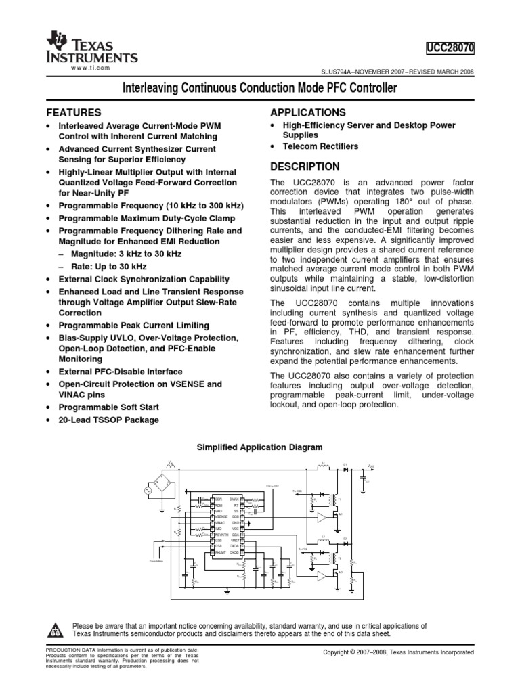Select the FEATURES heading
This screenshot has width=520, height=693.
(x=73, y=112)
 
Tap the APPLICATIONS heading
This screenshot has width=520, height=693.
(x=309, y=112)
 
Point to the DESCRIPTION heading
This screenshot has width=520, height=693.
(x=305, y=166)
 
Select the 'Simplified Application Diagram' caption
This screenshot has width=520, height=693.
(x=259, y=447)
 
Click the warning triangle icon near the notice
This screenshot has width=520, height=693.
(x=54, y=631)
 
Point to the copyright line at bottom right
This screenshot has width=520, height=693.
(x=399, y=652)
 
